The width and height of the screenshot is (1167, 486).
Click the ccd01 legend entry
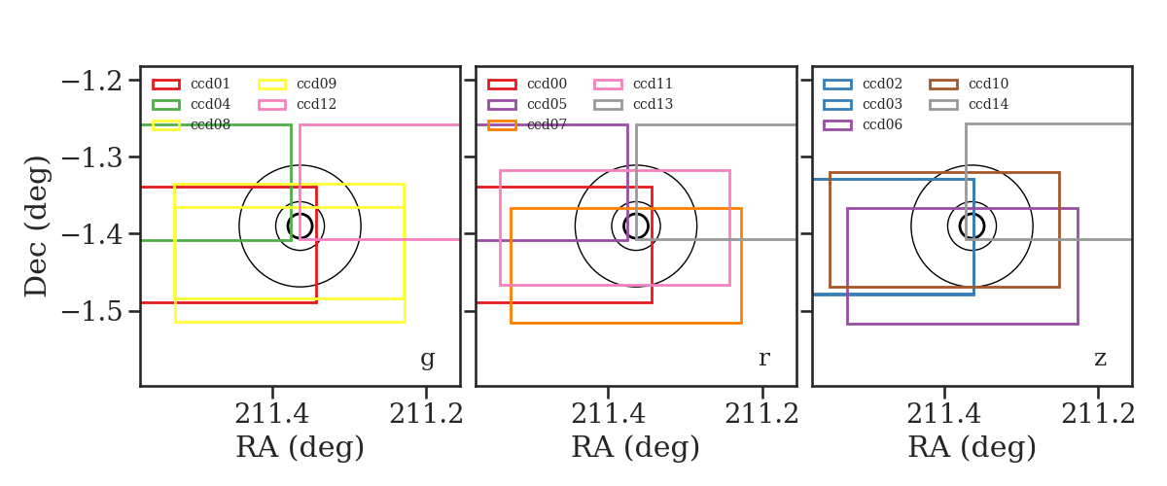(x=191, y=84)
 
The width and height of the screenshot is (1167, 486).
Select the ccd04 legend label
(x=210, y=104)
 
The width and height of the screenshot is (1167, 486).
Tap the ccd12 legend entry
(x=297, y=104)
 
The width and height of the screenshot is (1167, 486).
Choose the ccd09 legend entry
(x=297, y=84)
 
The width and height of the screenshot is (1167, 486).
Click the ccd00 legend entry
(x=527, y=84)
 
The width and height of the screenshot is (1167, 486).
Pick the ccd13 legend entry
(x=633, y=104)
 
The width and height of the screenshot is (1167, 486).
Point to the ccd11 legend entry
(x=633, y=84)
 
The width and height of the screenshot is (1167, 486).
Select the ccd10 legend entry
(x=969, y=84)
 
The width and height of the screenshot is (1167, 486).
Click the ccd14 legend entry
(x=969, y=104)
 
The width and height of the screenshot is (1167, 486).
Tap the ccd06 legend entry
(x=863, y=125)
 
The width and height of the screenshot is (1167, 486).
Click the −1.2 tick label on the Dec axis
(x=91, y=82)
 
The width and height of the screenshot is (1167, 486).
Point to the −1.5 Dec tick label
(x=91, y=312)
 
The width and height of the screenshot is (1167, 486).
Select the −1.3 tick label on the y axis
(x=91, y=157)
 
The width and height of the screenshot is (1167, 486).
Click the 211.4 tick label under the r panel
(x=608, y=414)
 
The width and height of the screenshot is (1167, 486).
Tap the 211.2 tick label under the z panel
(x=1098, y=414)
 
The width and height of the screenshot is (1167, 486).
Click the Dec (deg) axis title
(x=37, y=226)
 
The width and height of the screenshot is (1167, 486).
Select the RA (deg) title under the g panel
(x=301, y=447)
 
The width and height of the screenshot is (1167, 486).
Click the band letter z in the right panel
(x=1100, y=359)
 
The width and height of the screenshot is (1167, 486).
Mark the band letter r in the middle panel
(x=763, y=359)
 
